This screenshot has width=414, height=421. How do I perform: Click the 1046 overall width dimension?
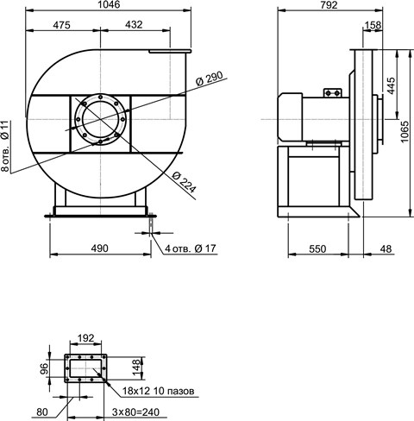tap(109, 4)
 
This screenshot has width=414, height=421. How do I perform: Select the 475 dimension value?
tap(61, 25)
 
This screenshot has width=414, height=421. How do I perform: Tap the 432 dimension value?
tap(134, 24)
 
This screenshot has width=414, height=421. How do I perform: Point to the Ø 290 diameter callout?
tap(210, 79)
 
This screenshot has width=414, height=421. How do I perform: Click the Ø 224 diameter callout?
tap(185, 182)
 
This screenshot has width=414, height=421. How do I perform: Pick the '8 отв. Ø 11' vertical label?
tap(6, 146)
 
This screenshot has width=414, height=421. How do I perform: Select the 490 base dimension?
tap(99, 248)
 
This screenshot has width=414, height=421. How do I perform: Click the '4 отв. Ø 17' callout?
tap(191, 248)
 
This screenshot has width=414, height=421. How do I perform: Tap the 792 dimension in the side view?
tap(329, 4)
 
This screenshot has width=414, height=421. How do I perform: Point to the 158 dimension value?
tap(373, 25)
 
